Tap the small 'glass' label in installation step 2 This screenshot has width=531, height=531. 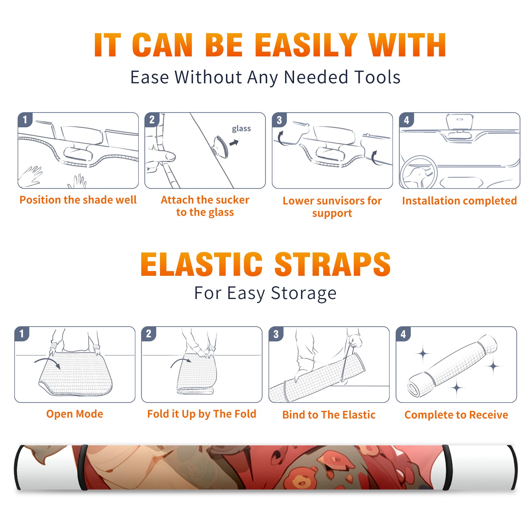(x=241, y=129)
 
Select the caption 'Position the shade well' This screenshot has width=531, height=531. (x=78, y=200)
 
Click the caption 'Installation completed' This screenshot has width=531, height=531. (x=459, y=200)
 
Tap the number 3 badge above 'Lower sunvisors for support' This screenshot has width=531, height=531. (x=279, y=120)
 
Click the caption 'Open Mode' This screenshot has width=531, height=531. (x=75, y=414)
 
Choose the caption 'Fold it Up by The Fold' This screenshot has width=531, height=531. (x=202, y=414)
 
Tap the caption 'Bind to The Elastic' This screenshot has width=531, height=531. (x=329, y=415)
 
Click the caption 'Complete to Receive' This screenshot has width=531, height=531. (x=456, y=415)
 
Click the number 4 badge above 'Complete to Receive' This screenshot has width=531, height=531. (x=403, y=334)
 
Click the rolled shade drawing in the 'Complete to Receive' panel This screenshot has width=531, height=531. (x=452, y=366)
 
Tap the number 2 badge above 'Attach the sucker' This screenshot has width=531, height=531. (x=152, y=120)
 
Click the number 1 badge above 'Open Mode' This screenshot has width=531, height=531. (x=22, y=334)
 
